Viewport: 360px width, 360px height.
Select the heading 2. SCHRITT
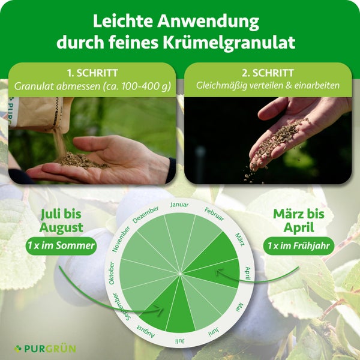coord(268,73)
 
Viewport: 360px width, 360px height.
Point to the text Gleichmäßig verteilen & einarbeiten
coord(268,86)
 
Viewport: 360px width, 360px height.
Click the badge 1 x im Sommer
coord(61,245)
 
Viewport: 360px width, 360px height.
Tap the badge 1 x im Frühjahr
coord(298,245)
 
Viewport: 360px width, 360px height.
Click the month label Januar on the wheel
coord(179,205)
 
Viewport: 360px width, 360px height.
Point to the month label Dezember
coord(145,215)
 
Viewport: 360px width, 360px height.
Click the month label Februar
coord(214,214)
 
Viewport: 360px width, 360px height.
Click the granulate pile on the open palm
coord(81,161)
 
